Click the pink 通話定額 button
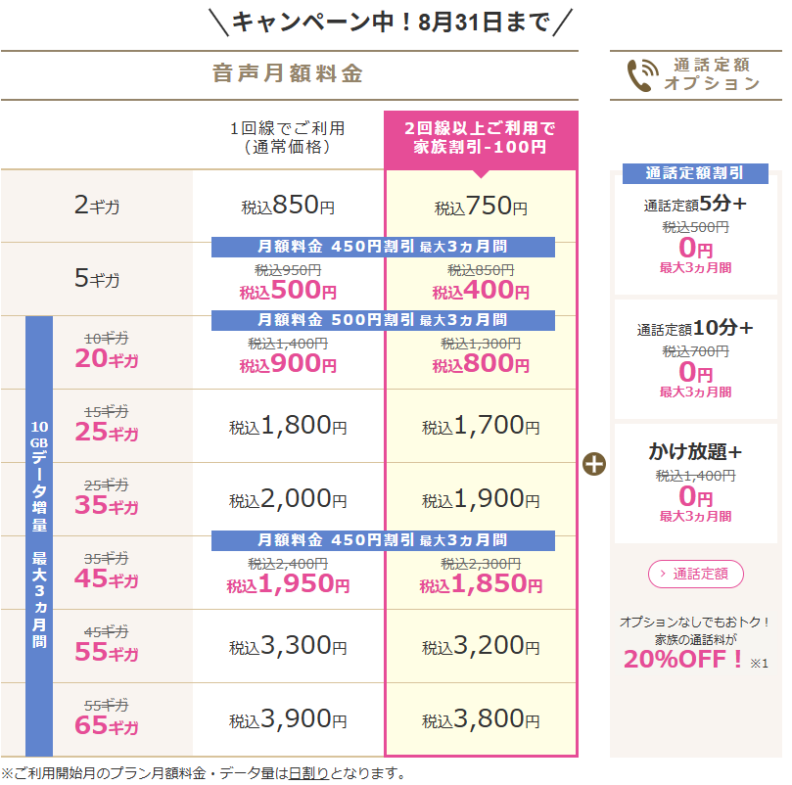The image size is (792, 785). (695, 574)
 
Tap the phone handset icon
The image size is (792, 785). (642, 75)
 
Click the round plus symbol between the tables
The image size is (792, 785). (594, 464)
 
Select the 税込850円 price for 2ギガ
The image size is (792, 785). (288, 206)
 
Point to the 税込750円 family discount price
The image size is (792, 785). (481, 207)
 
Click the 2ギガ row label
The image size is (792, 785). (97, 206)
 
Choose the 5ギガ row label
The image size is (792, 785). (97, 278)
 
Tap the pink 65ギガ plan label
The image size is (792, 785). (106, 725)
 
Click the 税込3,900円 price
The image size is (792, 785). (288, 719)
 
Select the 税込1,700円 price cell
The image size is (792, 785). (481, 426)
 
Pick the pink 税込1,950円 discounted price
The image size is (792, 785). (288, 584)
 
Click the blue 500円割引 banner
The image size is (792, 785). (383, 320)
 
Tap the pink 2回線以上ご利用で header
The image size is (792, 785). (481, 138)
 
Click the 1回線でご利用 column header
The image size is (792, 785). (288, 137)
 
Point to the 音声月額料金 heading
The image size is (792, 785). (288, 73)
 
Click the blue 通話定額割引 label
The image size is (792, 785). (695, 173)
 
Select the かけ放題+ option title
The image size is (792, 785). (695, 451)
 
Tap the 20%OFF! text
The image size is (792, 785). (683, 659)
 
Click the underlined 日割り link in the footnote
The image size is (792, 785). (308, 773)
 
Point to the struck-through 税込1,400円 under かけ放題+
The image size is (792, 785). (695, 476)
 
